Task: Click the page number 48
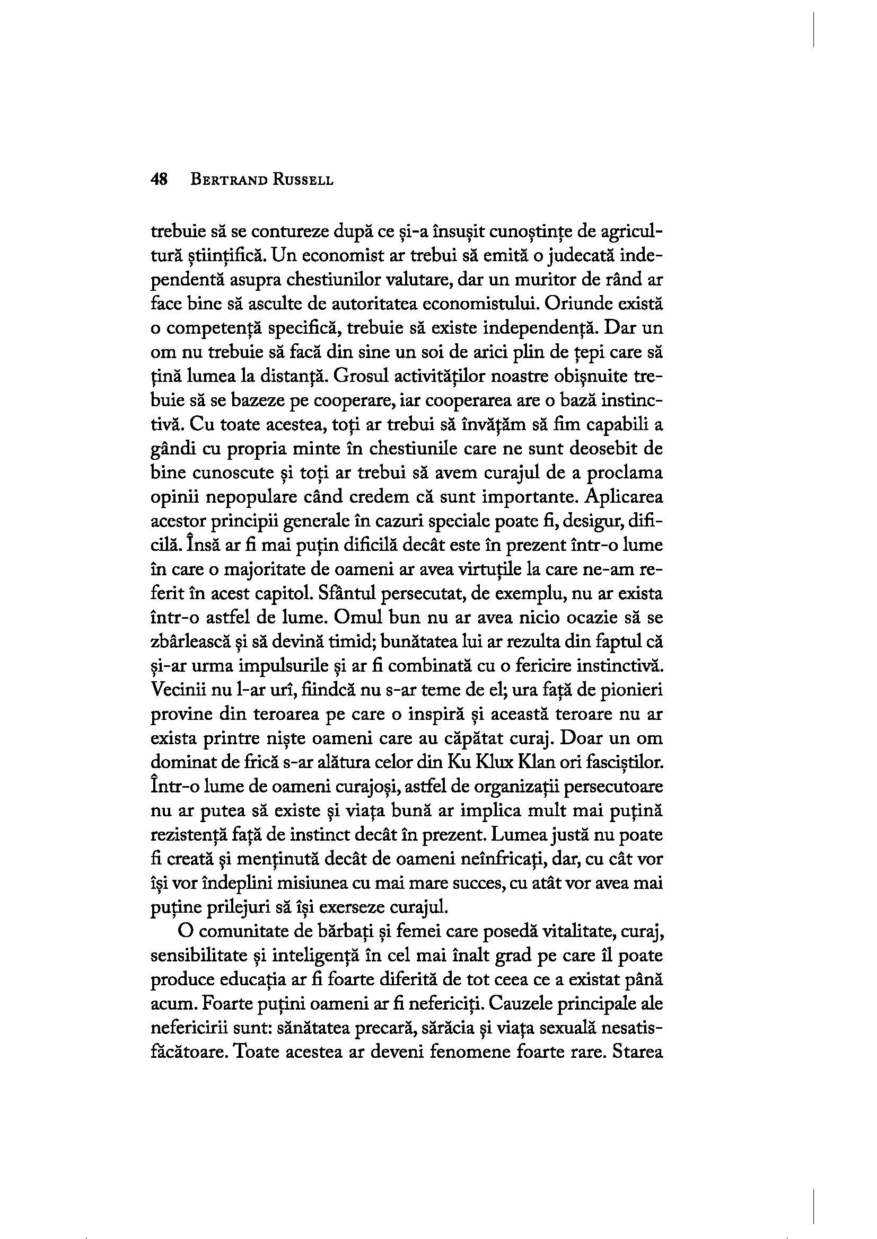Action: pos(160,180)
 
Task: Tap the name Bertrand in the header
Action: pos(226,180)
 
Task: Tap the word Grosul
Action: pos(358,377)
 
